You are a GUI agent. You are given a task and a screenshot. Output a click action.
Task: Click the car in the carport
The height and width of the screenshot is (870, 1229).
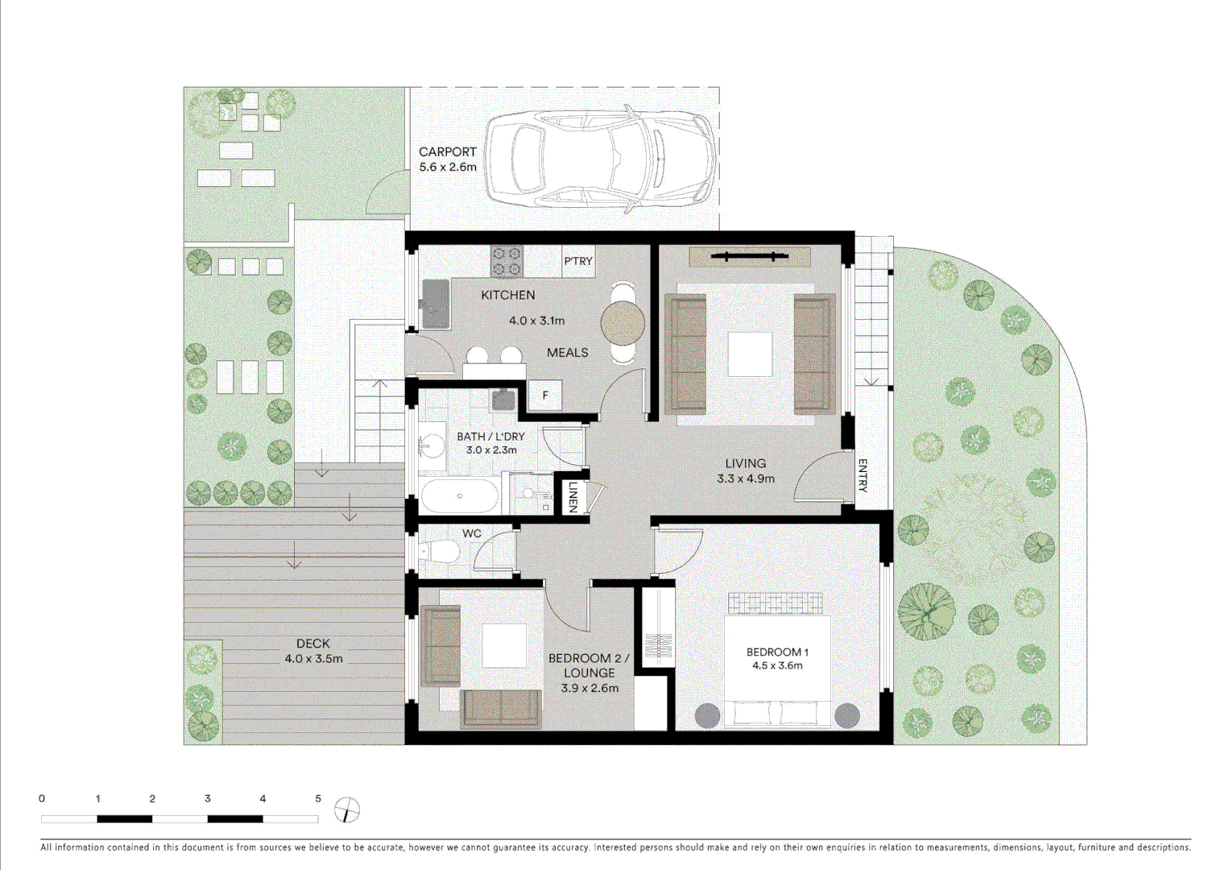[x=600, y=158]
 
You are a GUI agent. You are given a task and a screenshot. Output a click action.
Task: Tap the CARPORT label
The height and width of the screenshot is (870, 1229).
[x=447, y=151]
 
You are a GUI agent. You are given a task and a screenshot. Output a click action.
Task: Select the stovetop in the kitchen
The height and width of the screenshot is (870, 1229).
[x=507, y=261]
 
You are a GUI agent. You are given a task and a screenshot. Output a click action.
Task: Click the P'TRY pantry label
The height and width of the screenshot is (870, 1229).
[x=577, y=261]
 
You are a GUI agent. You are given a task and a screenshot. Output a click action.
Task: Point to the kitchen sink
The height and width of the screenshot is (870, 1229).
[x=434, y=302]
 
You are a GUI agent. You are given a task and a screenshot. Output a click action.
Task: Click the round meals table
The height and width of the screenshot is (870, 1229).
[x=623, y=324]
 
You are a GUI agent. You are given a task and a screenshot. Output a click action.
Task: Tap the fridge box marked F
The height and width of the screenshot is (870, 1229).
[x=545, y=395]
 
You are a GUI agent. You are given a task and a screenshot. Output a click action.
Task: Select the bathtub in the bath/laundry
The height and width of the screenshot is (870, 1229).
[x=459, y=496]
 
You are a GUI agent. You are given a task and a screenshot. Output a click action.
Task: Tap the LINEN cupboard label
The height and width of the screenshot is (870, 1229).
[x=573, y=496]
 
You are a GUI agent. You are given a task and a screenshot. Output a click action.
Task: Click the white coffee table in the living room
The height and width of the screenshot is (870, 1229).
[x=749, y=354]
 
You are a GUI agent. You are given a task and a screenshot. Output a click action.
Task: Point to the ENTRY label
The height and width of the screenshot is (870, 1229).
[x=863, y=475]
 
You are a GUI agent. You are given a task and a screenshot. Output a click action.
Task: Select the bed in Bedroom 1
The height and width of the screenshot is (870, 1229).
[x=777, y=661]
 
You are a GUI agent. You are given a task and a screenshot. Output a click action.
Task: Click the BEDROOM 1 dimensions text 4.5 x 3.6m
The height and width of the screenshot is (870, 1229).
[x=777, y=665]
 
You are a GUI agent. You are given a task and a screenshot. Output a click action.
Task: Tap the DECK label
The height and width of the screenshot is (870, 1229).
[x=312, y=643]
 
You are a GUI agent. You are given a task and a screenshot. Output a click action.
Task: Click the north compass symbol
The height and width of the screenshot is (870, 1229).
[x=346, y=810]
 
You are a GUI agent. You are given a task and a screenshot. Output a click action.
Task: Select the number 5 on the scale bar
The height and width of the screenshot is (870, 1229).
[x=318, y=798]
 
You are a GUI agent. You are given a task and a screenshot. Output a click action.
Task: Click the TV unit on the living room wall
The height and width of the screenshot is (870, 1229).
[x=749, y=257]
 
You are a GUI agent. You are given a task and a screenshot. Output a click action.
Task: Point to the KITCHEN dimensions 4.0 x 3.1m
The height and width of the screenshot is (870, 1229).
[x=536, y=320]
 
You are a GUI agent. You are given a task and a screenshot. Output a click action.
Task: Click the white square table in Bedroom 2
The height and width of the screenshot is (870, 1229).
[x=504, y=644]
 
